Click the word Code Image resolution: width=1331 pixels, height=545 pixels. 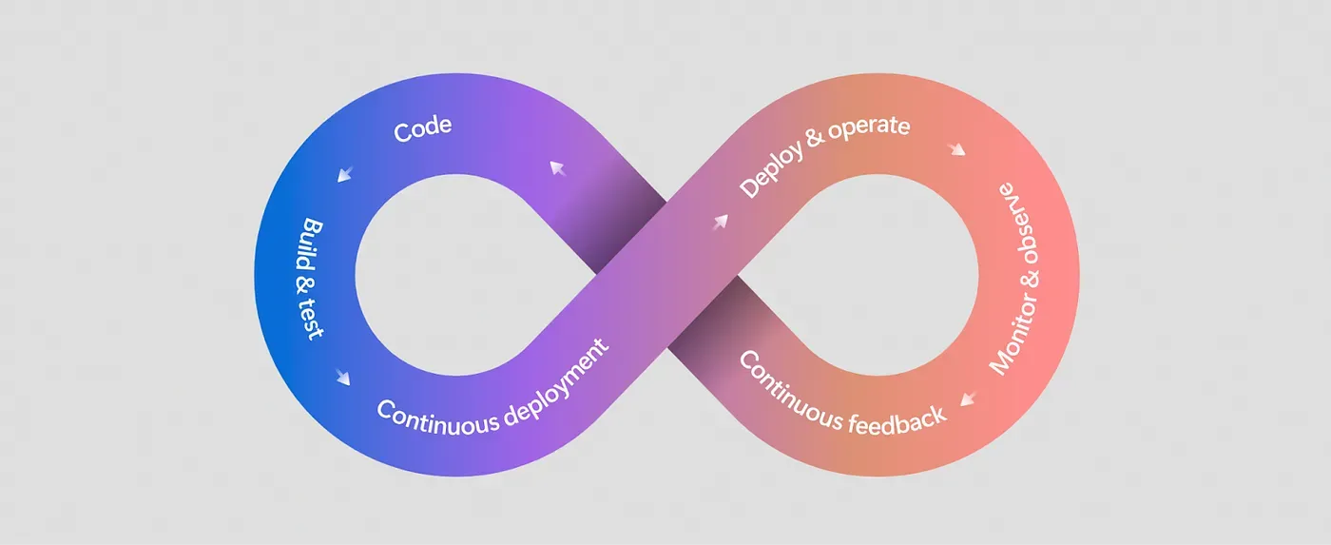coord(422,129)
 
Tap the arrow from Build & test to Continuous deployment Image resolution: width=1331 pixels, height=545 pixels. coord(342,377)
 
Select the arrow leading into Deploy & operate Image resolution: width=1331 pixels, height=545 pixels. coord(719,222)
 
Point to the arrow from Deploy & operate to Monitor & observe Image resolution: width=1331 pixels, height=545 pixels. coord(956,150)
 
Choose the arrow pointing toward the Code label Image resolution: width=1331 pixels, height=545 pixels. coord(558,170)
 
